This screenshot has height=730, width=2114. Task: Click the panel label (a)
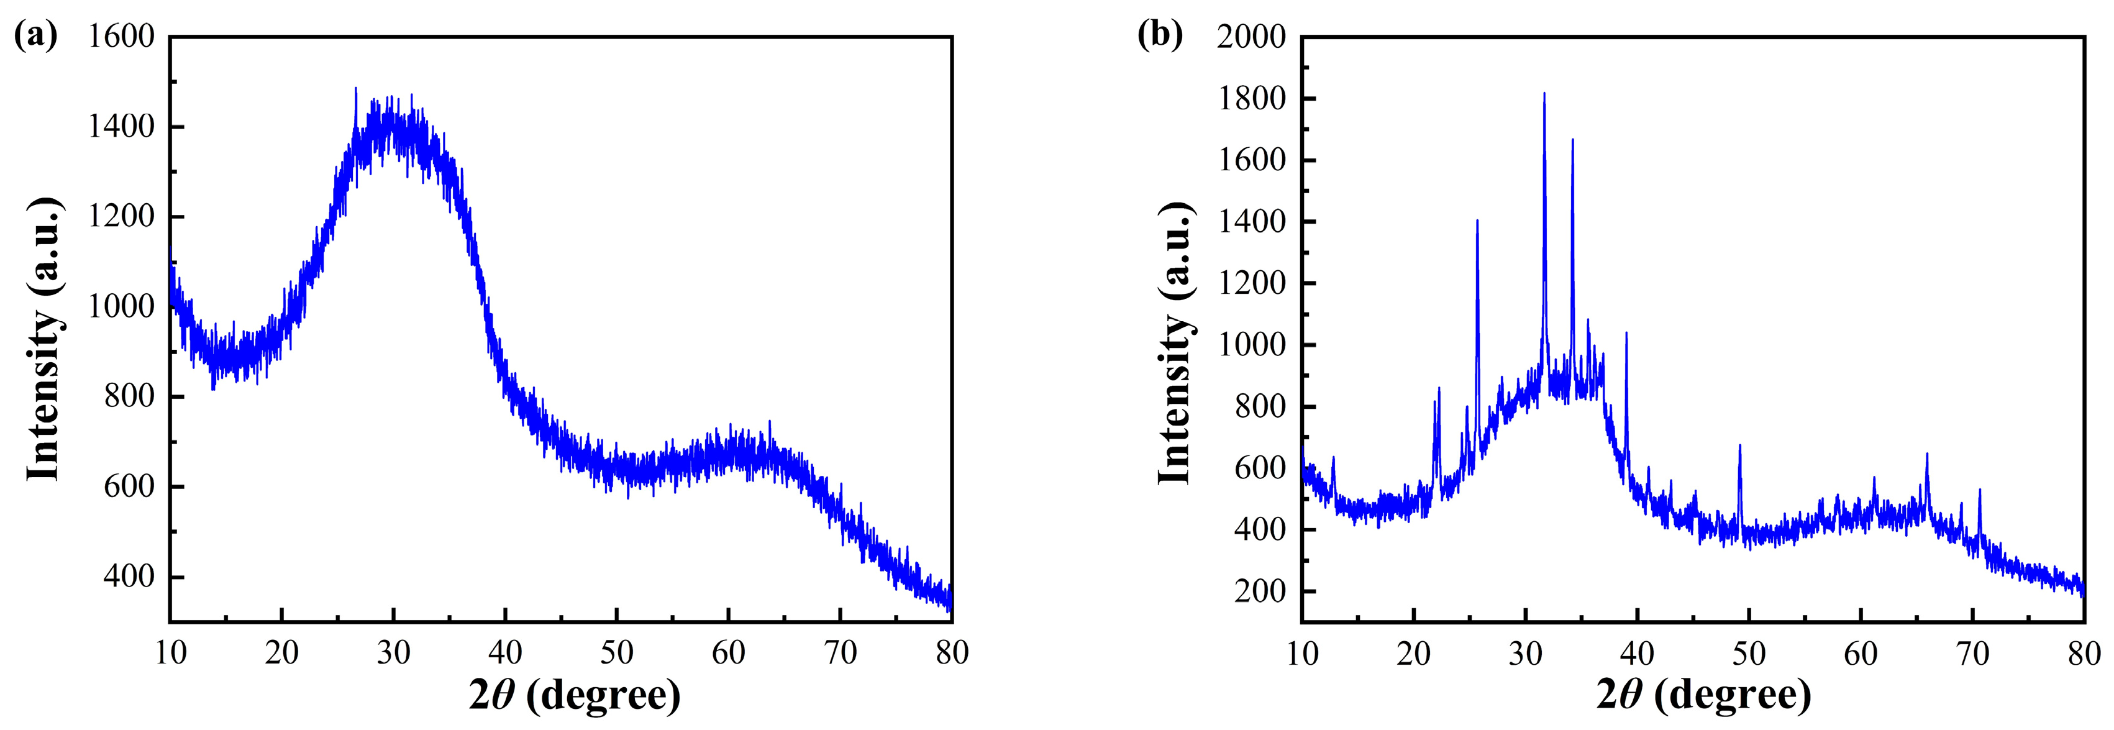pos(36,35)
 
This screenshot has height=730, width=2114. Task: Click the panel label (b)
pos(1160,35)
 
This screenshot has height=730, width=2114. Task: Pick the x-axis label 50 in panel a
pos(616,653)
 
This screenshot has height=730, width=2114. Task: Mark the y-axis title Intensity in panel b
pos(1174,342)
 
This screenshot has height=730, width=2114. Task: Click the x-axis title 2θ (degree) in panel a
pos(575,695)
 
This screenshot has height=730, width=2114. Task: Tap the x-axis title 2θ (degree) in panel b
pos(1703,695)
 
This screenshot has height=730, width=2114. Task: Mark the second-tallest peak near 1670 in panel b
pos(1572,140)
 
